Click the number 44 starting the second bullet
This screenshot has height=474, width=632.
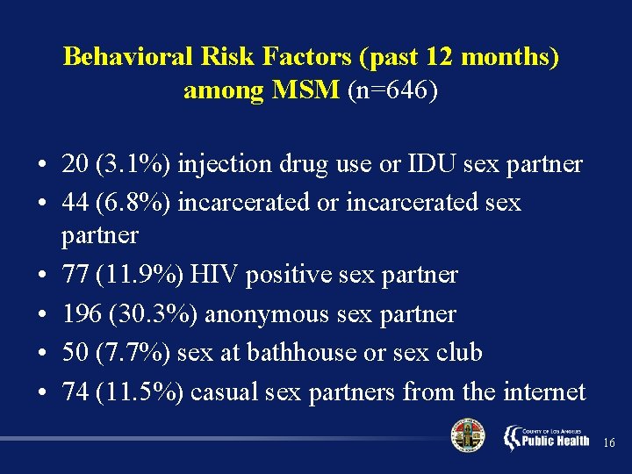click(x=74, y=203)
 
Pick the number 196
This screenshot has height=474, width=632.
click(x=80, y=313)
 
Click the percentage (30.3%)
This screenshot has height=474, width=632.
click(x=151, y=313)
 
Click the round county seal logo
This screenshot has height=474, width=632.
click(x=467, y=436)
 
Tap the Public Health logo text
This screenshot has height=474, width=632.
click(x=554, y=439)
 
